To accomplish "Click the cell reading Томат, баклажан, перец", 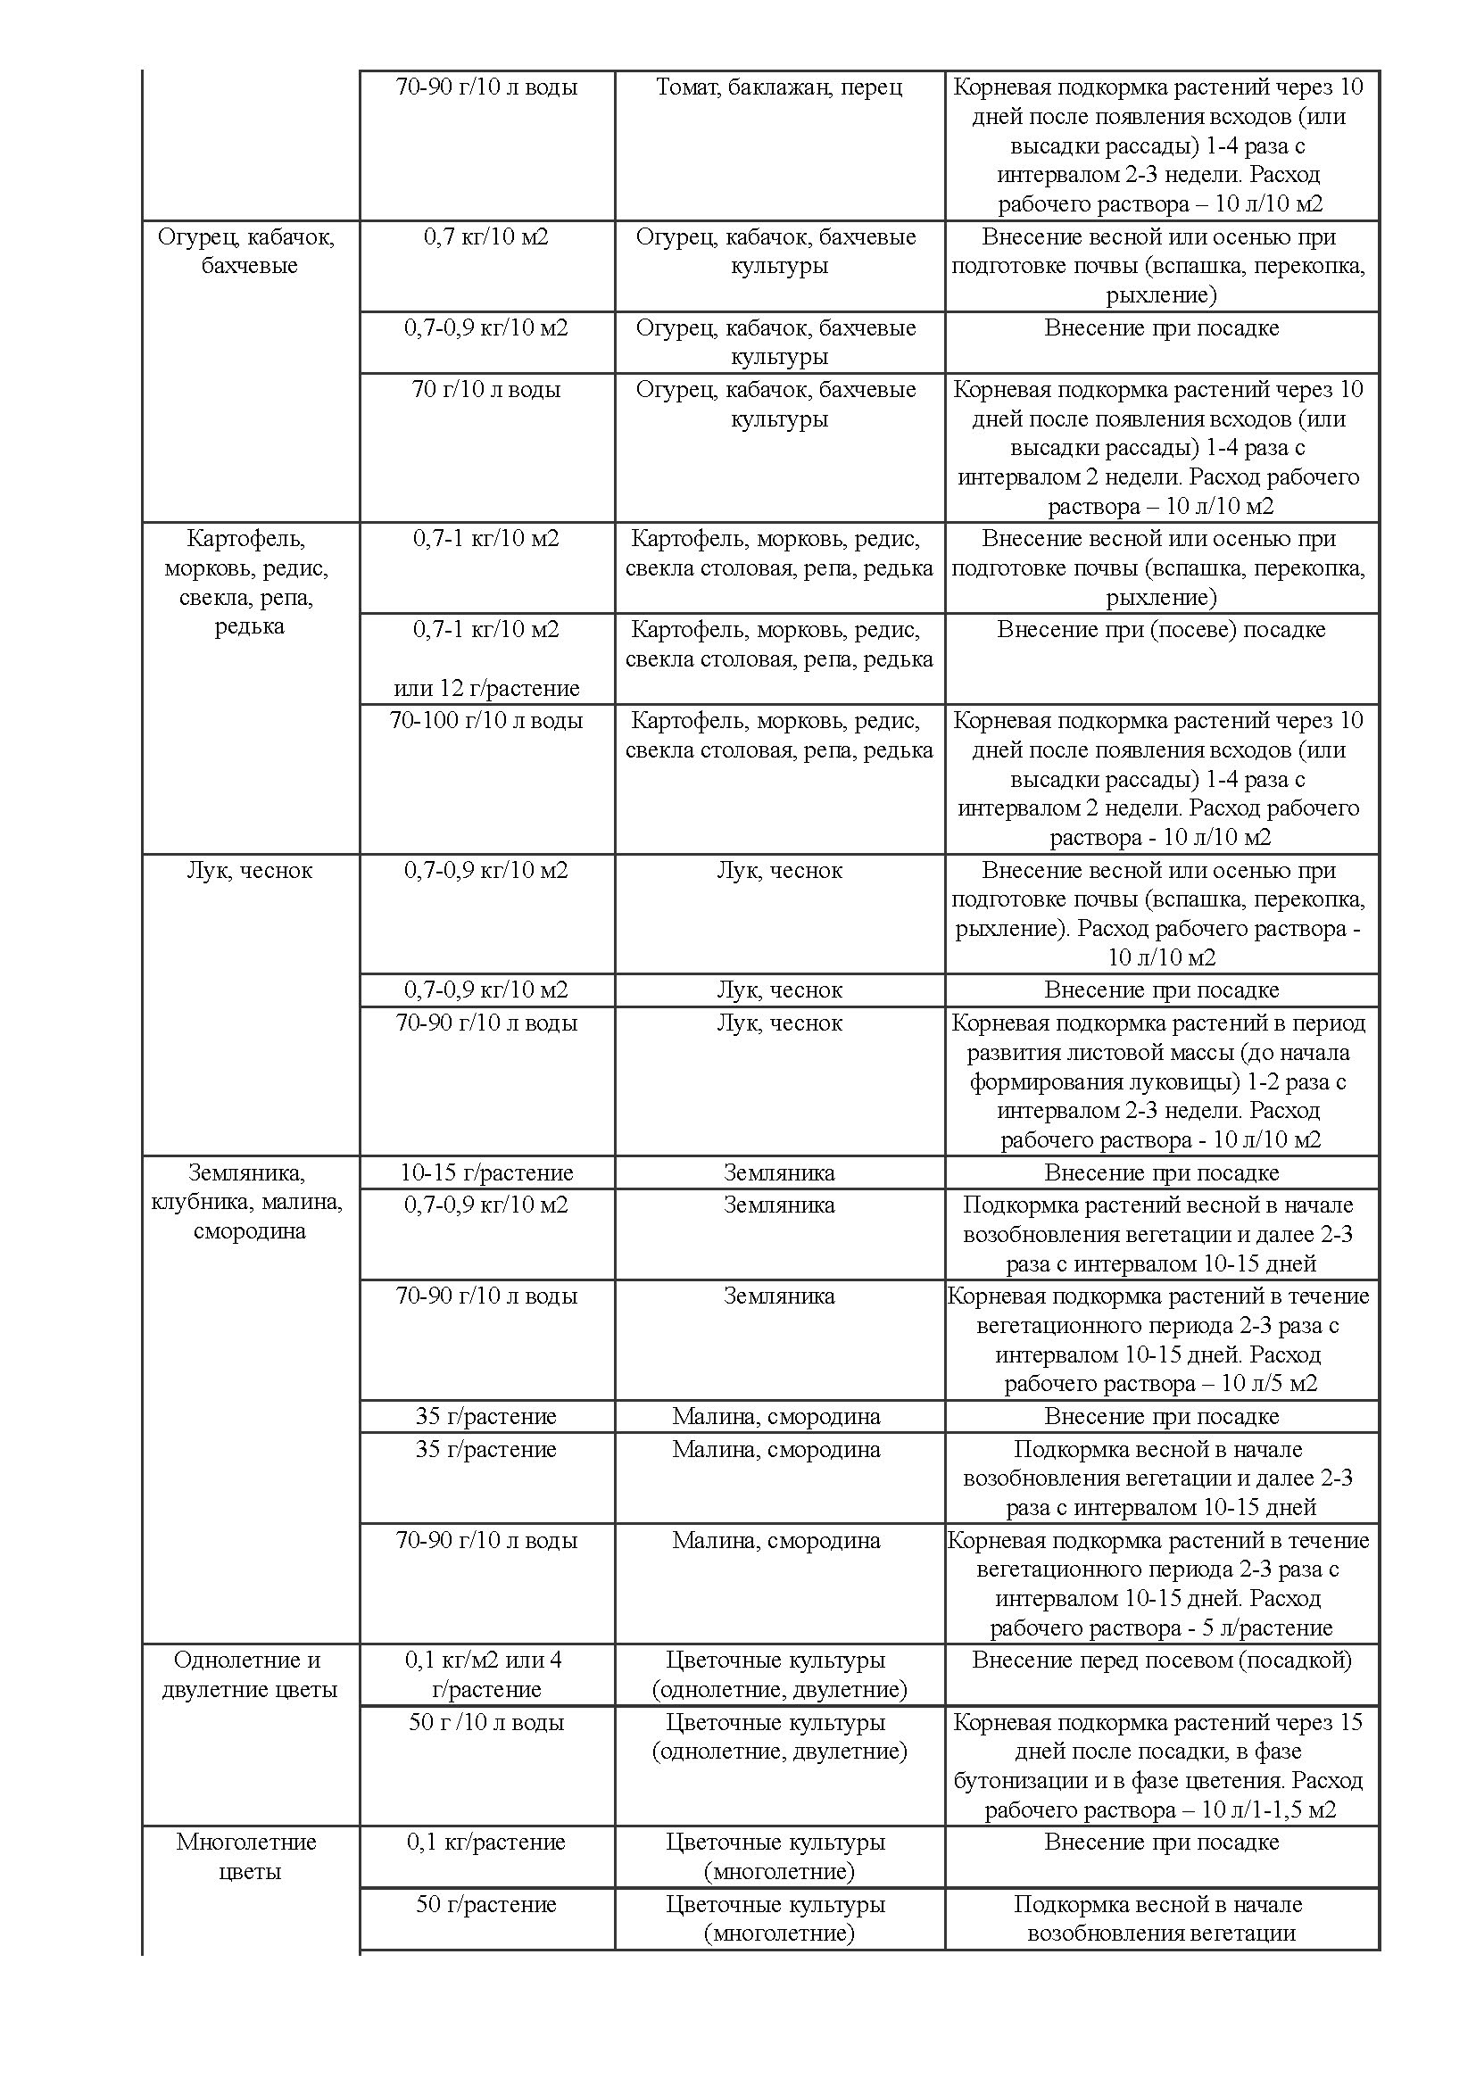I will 779,87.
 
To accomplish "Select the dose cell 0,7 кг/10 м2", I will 486,237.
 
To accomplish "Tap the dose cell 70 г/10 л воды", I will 486,390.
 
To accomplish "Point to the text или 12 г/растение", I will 486,688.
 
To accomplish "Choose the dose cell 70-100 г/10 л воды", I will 486,721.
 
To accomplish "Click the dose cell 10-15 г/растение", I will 486,1172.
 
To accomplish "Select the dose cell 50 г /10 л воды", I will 486,1722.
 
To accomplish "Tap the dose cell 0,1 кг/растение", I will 486,1843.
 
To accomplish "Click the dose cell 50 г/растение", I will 486,1904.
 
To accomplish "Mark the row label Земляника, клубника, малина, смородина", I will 249,1202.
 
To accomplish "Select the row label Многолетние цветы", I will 249,1856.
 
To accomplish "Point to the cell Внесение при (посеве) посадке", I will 1161,630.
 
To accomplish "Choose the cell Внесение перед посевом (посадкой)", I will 1161,1660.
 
